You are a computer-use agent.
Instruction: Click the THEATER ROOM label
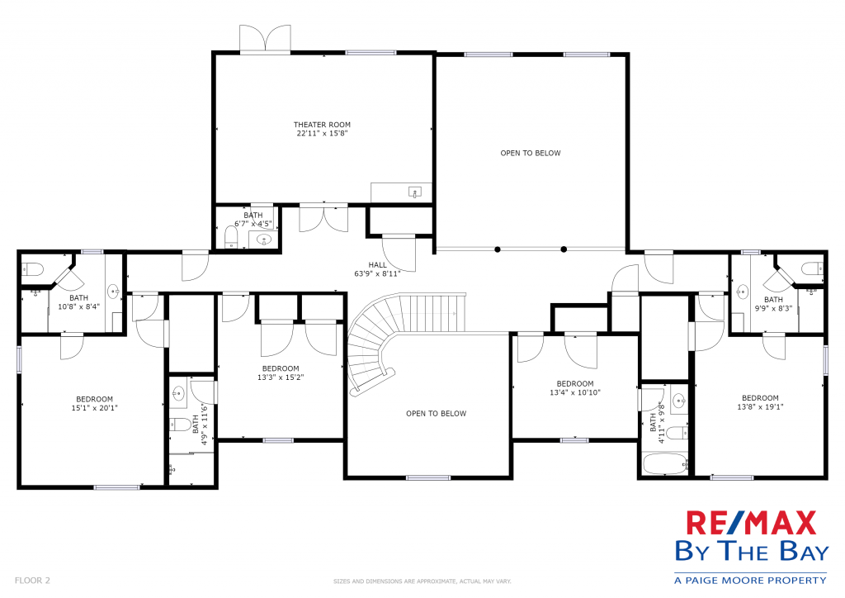pos(322,125)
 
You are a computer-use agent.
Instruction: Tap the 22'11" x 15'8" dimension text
pos(322,133)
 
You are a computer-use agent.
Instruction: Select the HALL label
pos(377,265)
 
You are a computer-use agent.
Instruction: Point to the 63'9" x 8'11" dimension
pos(377,273)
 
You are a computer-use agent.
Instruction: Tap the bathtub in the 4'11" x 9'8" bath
pos(666,463)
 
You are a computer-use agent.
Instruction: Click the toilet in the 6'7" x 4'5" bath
pos(231,237)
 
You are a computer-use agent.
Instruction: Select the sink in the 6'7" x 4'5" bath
pos(264,240)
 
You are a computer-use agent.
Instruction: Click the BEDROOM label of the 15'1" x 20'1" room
pos(94,399)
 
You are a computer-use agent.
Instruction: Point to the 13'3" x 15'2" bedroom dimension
pos(281,377)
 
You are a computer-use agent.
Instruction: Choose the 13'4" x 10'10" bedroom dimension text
pos(575,392)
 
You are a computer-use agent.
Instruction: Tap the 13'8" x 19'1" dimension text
pos(760,406)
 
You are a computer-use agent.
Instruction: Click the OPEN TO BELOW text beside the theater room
pos(531,153)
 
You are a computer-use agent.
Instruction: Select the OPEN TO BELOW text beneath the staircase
pos(436,414)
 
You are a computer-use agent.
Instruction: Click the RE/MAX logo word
pos(751,523)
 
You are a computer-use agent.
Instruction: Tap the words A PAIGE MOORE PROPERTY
pos(750,580)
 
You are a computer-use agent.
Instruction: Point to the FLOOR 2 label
pos(32,580)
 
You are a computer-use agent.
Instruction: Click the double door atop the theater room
pos(265,39)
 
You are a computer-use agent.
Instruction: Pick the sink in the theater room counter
pos(414,192)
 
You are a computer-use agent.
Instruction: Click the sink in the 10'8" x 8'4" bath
pos(113,292)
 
